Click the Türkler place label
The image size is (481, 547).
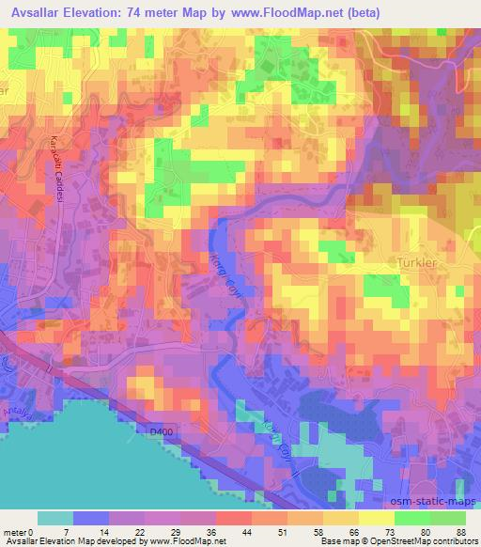(x=419, y=265)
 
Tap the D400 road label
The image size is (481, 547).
(x=163, y=431)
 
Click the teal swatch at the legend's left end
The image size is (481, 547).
(x=54, y=518)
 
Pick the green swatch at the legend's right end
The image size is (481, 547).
(x=449, y=518)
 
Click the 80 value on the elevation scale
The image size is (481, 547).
(x=425, y=532)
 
